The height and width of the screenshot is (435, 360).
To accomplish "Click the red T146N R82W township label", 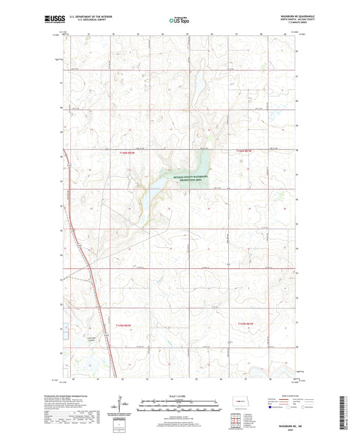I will click(128, 153).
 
